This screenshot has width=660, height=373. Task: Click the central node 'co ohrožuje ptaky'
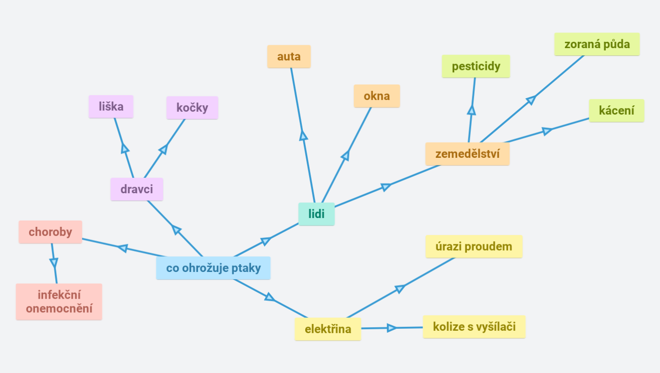click(x=214, y=268)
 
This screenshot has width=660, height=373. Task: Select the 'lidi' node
click(x=316, y=214)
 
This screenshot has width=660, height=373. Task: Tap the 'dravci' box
click(x=137, y=189)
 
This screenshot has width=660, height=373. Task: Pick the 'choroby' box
click(x=50, y=232)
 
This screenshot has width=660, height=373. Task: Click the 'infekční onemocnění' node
click(x=59, y=302)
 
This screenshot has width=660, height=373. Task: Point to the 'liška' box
click(x=111, y=107)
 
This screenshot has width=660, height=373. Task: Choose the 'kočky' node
click(x=192, y=108)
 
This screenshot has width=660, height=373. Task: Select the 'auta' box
click(x=289, y=57)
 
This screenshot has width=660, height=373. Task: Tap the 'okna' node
click(x=377, y=96)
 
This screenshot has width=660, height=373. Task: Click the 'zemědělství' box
click(x=468, y=154)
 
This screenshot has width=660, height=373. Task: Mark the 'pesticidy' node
click(x=476, y=67)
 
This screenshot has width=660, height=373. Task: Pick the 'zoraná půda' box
click(x=597, y=44)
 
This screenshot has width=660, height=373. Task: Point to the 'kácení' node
click(x=617, y=111)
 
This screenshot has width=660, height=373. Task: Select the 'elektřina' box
click(x=328, y=329)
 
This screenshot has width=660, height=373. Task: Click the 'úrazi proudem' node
click(x=474, y=247)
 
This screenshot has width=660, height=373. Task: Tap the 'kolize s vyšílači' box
click(x=475, y=327)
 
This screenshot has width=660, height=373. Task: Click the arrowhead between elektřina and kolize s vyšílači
click(x=392, y=328)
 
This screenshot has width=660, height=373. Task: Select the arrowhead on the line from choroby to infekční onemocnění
click(x=54, y=262)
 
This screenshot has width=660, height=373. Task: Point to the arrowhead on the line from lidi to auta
click(x=303, y=136)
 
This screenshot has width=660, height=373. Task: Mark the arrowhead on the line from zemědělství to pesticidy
click(x=471, y=110)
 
